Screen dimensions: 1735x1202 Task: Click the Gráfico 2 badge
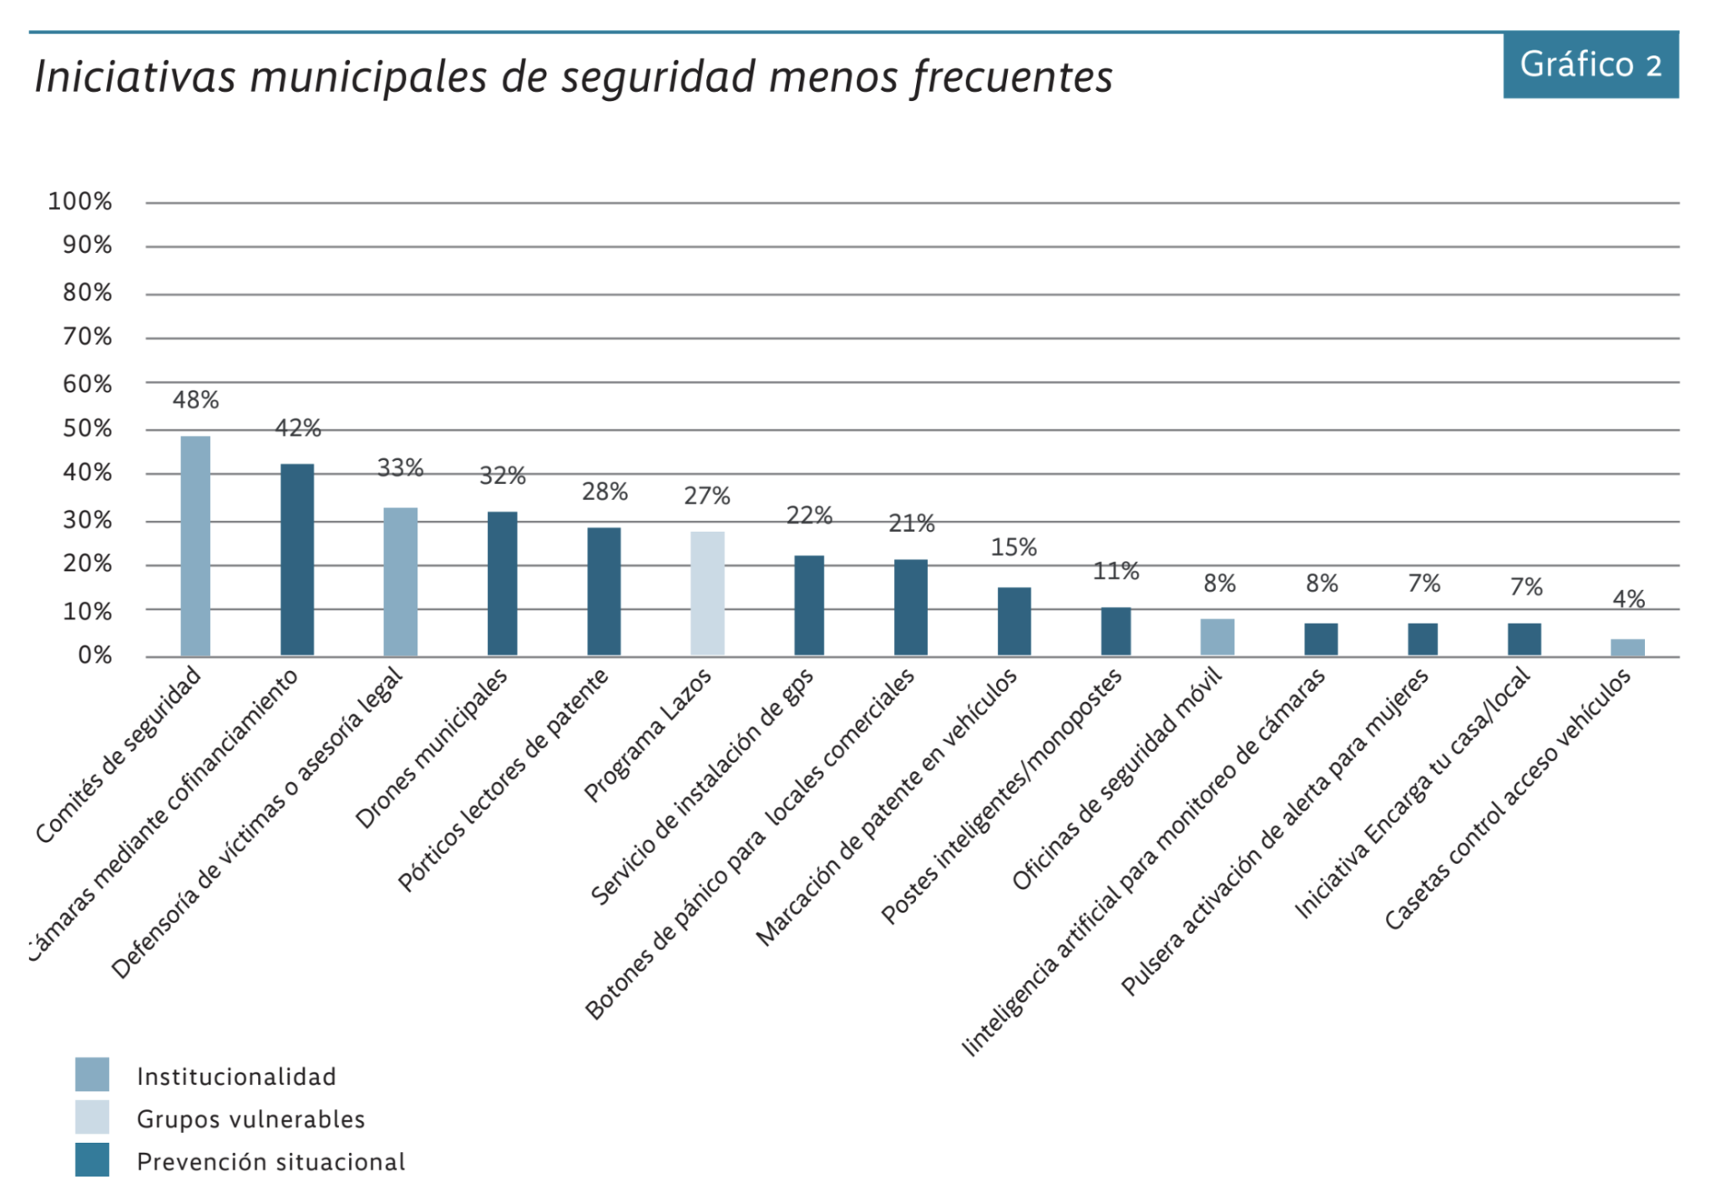click(1591, 65)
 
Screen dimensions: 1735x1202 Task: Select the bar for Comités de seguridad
click(195, 546)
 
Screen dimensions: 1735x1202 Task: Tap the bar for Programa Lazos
click(707, 593)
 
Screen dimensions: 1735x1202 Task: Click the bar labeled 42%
click(297, 559)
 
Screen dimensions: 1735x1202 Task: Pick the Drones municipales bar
click(502, 583)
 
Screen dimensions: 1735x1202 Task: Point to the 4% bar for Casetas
click(1627, 648)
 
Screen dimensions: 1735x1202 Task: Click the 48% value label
click(195, 401)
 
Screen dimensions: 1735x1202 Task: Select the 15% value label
click(1014, 548)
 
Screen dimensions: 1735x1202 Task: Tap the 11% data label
click(1115, 572)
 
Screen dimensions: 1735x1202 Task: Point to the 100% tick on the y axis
click(80, 201)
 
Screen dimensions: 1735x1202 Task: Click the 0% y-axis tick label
click(95, 655)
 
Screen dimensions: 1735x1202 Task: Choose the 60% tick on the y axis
click(87, 384)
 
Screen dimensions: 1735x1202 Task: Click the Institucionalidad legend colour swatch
click(92, 1074)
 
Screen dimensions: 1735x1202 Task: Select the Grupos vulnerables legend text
click(251, 1119)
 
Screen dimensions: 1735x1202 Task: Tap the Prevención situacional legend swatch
click(92, 1159)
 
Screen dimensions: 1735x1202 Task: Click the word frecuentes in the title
click(1012, 77)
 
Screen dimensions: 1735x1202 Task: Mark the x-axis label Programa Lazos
click(648, 735)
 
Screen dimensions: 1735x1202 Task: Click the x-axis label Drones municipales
click(431, 748)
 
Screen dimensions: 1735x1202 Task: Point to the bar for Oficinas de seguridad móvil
click(1217, 637)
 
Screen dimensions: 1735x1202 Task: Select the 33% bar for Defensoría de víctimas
click(400, 582)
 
